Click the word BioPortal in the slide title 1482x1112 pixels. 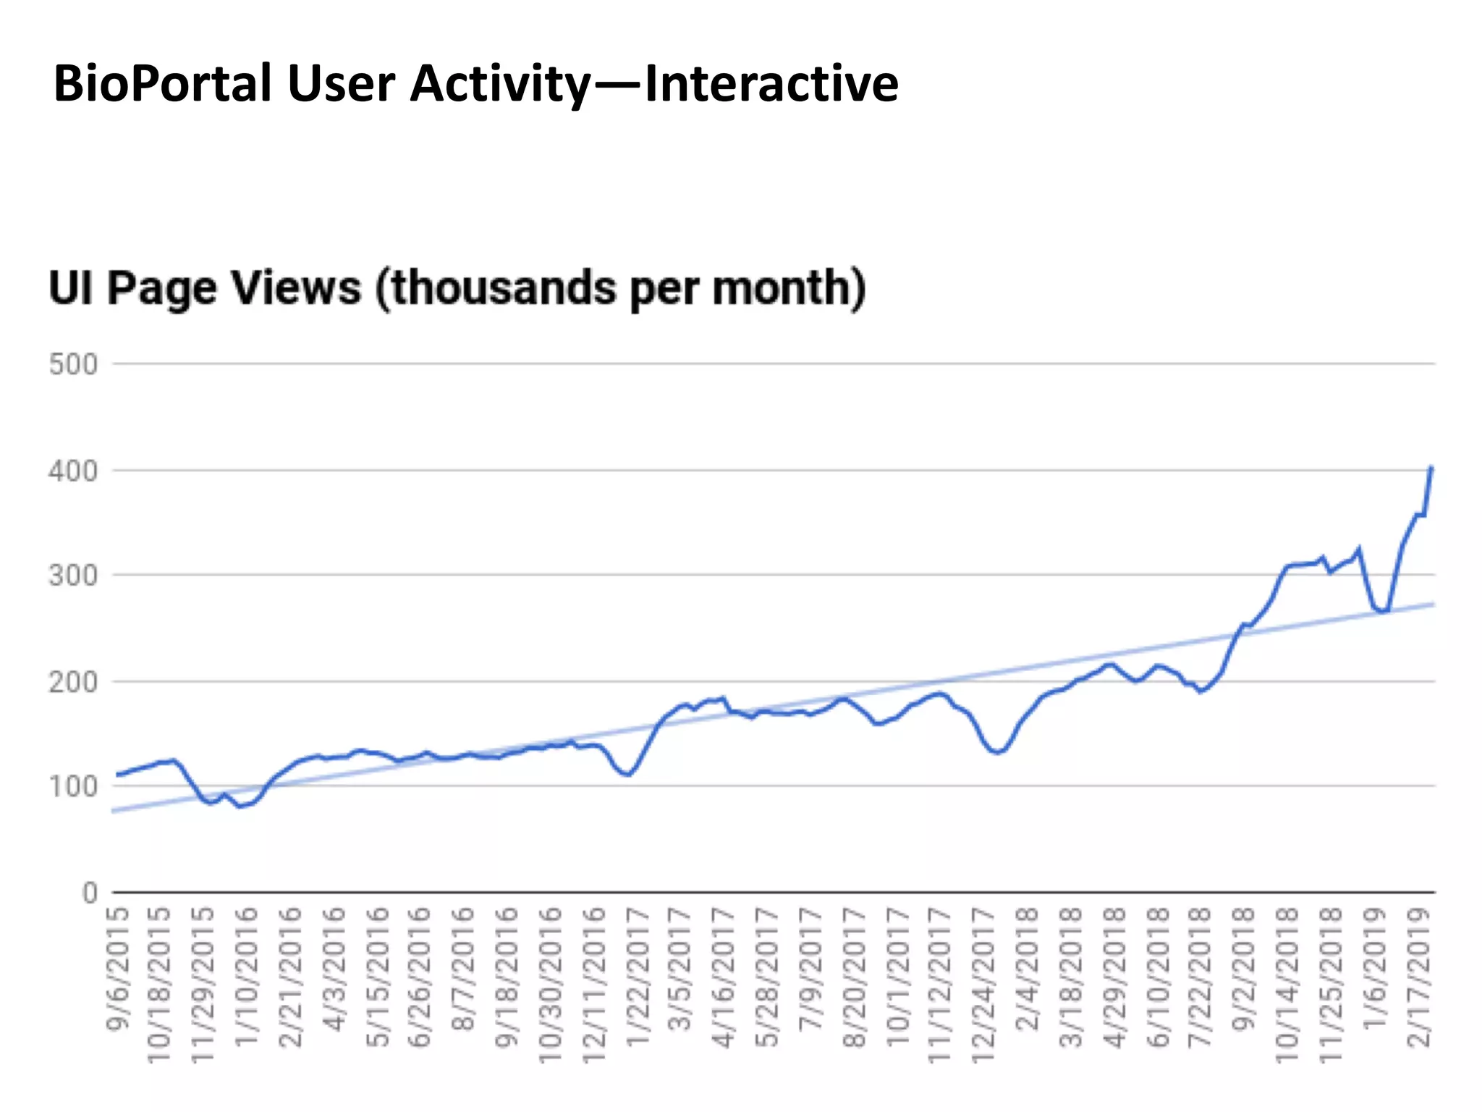pyautogui.click(x=162, y=84)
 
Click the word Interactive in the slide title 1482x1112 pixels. pyautogui.click(x=771, y=84)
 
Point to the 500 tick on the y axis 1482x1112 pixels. pyautogui.click(x=73, y=364)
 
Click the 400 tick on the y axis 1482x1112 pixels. pyautogui.click(x=73, y=471)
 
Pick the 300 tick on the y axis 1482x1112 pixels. pyautogui.click(x=73, y=576)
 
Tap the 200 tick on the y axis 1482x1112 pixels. pyautogui.click(x=73, y=682)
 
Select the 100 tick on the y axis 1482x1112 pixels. pyautogui.click(x=73, y=786)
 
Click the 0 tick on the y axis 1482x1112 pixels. pyautogui.click(x=90, y=893)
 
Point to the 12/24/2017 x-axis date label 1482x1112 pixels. pyautogui.click(x=985, y=985)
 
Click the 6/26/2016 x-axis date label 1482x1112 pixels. pyautogui.click(x=420, y=977)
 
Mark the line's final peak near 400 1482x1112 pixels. pyautogui.click(x=1431, y=468)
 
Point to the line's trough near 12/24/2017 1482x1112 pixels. pyautogui.click(x=998, y=752)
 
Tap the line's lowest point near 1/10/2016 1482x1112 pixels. pyautogui.click(x=240, y=806)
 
